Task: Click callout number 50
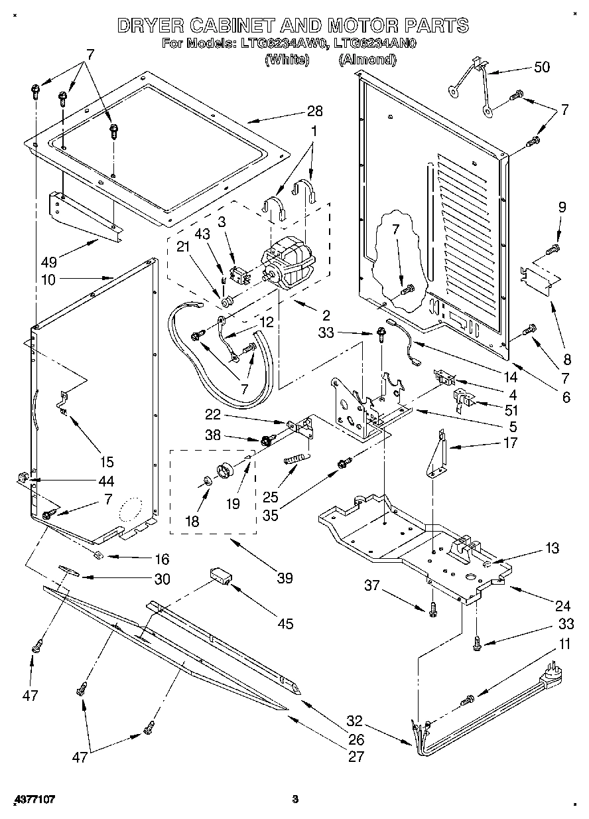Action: coord(541,68)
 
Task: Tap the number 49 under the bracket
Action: coord(48,261)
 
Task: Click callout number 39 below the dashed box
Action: coord(285,579)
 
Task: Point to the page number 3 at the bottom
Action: coord(296,799)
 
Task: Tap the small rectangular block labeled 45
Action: coord(220,575)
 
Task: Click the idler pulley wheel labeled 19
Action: coord(226,469)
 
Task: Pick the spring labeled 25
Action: coord(297,459)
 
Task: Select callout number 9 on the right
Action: coord(562,207)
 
